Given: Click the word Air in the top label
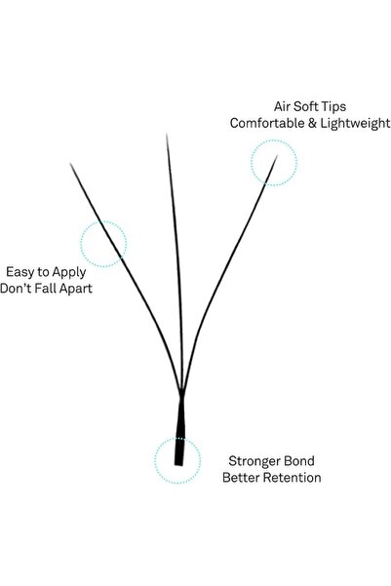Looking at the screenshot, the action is [x=282, y=106].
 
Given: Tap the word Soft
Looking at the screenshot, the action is [x=306, y=106].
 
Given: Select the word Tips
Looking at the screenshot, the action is [x=333, y=107].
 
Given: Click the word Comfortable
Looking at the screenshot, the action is [x=267, y=123].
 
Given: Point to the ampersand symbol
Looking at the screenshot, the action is [x=312, y=123].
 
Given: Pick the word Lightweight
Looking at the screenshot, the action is [x=355, y=124].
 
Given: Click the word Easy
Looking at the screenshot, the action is [x=20, y=272].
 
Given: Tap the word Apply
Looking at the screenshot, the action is [x=69, y=273].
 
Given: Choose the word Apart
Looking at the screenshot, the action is [x=75, y=290].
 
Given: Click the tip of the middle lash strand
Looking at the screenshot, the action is [x=167, y=134].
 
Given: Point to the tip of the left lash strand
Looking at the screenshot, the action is [x=70, y=163].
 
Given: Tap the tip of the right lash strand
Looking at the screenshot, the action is [x=277, y=156].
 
